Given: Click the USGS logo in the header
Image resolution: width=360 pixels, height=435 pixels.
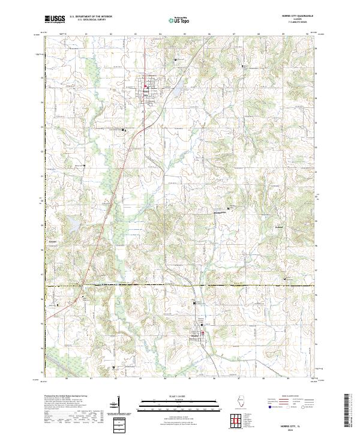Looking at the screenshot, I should pos(55,19).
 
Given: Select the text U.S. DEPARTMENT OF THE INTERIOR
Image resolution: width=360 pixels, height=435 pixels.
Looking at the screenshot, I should pos(91,17).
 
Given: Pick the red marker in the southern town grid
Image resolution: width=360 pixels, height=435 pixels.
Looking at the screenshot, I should pos(203,333).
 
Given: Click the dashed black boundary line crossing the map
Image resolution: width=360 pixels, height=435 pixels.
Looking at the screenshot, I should pos(180,286).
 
